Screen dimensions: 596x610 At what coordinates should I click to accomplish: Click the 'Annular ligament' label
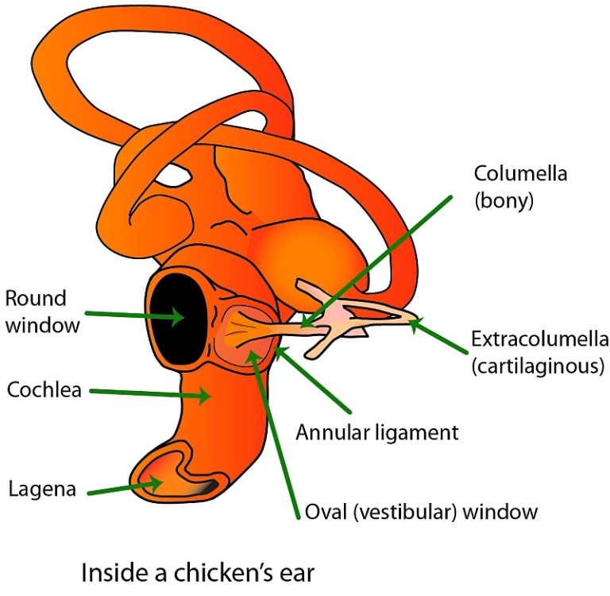pos(377,433)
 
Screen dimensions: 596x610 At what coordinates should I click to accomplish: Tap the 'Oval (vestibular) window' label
pos(421,511)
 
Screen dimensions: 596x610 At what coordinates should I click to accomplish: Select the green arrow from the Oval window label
pos(274,429)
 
